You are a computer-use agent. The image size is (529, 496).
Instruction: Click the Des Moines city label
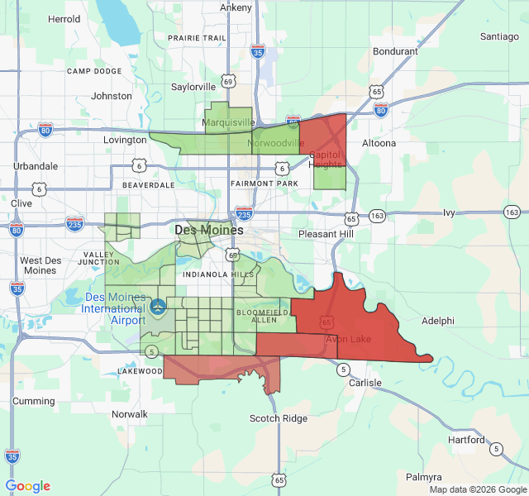click(x=209, y=230)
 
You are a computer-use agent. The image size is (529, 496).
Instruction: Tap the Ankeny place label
click(x=236, y=7)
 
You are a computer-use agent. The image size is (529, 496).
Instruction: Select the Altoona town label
click(x=379, y=143)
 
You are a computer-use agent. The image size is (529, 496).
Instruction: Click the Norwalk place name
click(x=129, y=414)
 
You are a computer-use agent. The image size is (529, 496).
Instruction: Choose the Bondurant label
click(x=395, y=51)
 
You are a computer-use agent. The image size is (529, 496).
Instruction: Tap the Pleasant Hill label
click(x=326, y=234)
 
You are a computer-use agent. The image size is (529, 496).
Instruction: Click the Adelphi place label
click(x=437, y=321)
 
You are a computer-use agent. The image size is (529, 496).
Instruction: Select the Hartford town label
click(x=467, y=440)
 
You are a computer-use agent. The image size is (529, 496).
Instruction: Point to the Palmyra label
click(x=424, y=477)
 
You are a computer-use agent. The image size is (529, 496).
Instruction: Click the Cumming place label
click(x=33, y=401)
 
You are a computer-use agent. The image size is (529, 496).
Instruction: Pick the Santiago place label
click(x=499, y=36)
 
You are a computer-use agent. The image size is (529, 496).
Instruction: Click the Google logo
click(x=27, y=486)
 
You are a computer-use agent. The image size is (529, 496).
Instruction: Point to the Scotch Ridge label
click(x=279, y=418)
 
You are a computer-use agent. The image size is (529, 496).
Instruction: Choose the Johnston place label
click(x=112, y=96)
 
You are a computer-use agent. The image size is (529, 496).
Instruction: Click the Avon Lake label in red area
click(x=348, y=339)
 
